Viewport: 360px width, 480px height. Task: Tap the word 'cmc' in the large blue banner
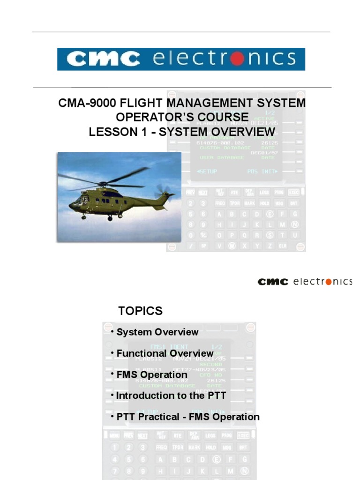103,59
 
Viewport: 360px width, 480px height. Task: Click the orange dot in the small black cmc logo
329,282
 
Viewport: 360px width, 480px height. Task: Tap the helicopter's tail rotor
165,190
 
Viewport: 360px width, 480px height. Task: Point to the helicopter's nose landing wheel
83,217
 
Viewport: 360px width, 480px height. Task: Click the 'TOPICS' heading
140,311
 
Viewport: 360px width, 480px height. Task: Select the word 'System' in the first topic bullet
135,332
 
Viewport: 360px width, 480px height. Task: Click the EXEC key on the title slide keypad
293,192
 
